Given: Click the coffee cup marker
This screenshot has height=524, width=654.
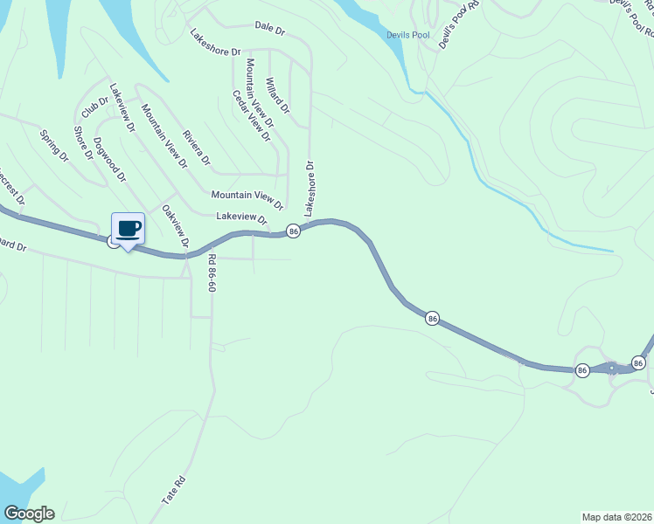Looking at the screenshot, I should pos(129,229).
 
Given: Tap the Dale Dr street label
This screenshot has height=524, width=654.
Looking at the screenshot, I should pos(270,29).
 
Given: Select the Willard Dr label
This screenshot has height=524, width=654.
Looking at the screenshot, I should pos(276,100).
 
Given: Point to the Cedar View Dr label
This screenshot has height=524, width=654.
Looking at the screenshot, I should pos(252,115).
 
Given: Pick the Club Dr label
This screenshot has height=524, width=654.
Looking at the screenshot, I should pos(94,107).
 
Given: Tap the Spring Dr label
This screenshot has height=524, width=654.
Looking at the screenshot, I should pos(54,145).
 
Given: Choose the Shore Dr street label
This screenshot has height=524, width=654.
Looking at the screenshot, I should pos(83,143).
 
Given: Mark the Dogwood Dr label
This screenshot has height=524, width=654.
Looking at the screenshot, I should pos(110,159).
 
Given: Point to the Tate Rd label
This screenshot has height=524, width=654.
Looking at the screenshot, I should pos(173,490).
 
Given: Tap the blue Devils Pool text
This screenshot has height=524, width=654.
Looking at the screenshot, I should pos(408,35).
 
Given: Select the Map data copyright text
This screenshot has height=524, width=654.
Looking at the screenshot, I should pos(616,516).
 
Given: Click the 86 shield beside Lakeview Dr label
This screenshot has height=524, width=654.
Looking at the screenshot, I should pos(293,231).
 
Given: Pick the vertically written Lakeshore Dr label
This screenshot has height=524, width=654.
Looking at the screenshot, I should pos(309,188).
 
